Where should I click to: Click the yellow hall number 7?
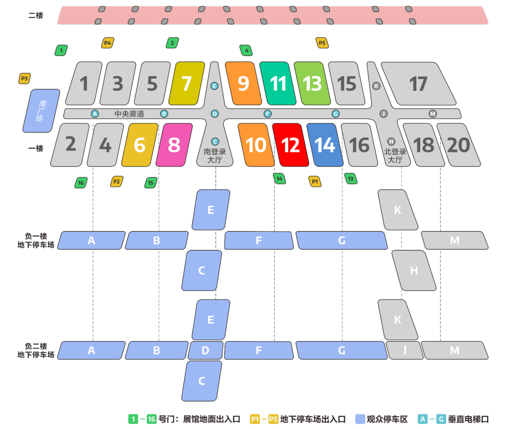(x=187, y=84)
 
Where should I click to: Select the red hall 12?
(x=291, y=145)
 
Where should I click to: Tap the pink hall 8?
(x=174, y=145)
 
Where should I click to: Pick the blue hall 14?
(x=325, y=145)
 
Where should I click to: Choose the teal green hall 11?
(x=278, y=84)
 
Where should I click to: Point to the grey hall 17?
(x=418, y=84)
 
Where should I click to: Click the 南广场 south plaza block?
(x=42, y=111)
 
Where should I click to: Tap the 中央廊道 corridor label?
(x=129, y=114)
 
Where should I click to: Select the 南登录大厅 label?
(x=215, y=156)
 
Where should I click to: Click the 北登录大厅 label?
(x=395, y=156)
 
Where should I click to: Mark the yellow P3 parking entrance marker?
(x=25, y=78)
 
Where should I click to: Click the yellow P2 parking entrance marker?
(x=116, y=181)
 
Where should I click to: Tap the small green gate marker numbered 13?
(x=351, y=179)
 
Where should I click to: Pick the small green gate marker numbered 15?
(x=150, y=183)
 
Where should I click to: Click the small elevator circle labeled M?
(x=432, y=114)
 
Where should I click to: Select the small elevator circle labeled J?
(x=383, y=114)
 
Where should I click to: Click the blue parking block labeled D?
(x=205, y=350)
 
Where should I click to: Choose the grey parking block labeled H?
(x=414, y=271)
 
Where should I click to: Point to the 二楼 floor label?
(x=36, y=15)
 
